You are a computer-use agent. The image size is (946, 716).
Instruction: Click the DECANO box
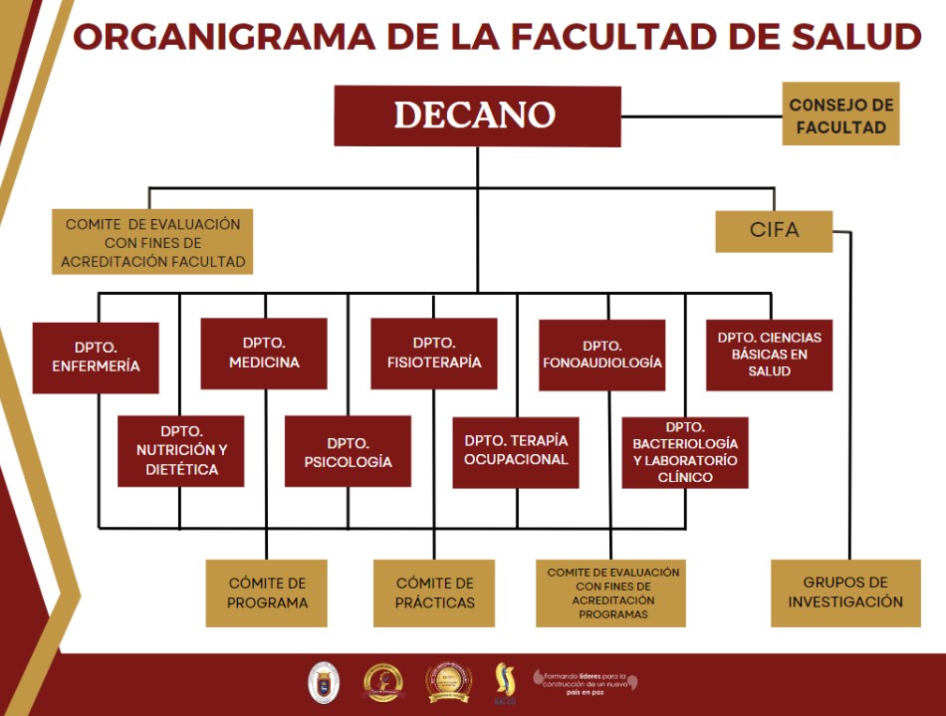477,116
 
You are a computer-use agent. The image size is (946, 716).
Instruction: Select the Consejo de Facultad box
840,115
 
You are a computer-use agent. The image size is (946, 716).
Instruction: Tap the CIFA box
774,230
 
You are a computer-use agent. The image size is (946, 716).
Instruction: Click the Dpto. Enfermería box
96,358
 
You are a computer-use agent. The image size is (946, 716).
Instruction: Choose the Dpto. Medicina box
264,353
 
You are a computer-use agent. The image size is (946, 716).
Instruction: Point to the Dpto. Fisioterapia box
433,353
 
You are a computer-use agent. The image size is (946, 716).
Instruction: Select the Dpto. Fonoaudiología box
602,355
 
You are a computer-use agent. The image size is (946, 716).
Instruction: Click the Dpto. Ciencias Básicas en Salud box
769,355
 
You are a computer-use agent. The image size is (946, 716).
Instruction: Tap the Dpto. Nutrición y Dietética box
181,450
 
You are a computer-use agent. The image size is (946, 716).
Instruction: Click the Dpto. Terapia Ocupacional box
516,451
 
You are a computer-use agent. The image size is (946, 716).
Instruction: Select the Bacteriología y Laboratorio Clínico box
685,452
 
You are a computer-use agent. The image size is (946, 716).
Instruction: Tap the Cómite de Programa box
267,593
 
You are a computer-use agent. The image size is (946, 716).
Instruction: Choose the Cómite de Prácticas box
434,593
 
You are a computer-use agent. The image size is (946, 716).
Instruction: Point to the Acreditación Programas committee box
611,593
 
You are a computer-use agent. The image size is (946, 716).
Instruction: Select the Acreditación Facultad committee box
153,243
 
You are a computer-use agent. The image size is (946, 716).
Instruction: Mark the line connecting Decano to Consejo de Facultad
701,117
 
